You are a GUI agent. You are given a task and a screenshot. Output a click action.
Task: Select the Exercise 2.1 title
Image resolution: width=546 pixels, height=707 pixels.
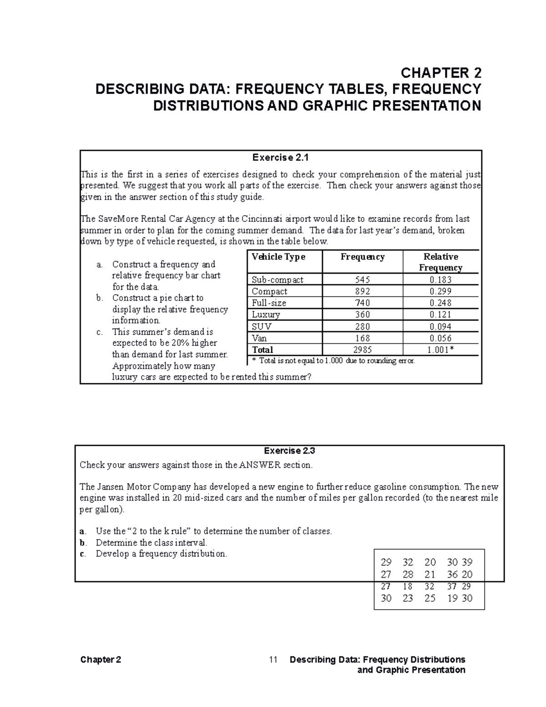point(280,158)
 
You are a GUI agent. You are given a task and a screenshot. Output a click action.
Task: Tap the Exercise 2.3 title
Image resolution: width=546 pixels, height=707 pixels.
point(289,451)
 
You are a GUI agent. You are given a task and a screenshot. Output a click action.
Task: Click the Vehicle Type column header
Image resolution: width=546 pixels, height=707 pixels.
point(278,257)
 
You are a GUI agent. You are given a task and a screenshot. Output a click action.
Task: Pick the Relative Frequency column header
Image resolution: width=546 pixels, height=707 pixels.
point(440,262)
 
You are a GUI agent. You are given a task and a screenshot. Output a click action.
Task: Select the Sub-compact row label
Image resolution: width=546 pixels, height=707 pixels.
point(278,280)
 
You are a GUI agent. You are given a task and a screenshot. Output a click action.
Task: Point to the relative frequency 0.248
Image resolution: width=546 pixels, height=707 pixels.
point(440,303)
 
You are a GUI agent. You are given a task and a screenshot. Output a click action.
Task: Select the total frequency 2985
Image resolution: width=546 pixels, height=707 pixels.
point(362,350)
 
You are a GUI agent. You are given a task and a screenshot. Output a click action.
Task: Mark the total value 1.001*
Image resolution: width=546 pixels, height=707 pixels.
point(440,350)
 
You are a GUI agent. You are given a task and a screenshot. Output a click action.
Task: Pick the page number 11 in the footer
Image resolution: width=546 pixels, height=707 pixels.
point(273,660)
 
